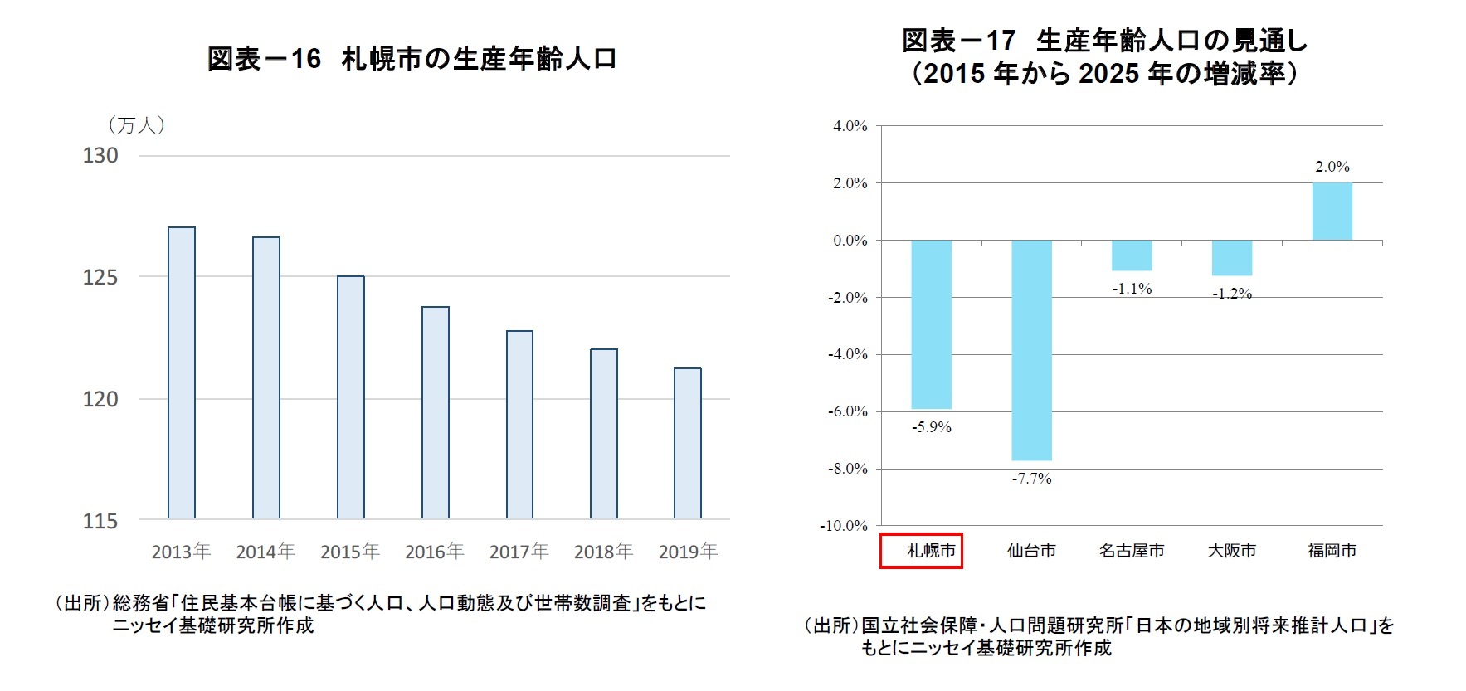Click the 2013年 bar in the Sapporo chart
(182, 373)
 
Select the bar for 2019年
(688, 444)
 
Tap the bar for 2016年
(436, 413)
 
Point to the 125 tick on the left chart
(100, 277)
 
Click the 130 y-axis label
(100, 156)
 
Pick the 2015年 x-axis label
(350, 552)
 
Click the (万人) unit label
(136, 125)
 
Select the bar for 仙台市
(1031, 350)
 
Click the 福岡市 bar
(1332, 212)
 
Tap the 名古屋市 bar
(1132, 255)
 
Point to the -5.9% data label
(931, 427)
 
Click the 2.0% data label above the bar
(1332, 167)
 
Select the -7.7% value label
(1031, 479)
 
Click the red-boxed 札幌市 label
(921, 551)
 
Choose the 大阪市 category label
(1231, 551)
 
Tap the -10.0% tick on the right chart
(843, 526)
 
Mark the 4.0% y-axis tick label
(850, 126)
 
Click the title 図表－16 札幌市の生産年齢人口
(412, 59)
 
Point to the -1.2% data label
(1231, 294)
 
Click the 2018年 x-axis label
(603, 552)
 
